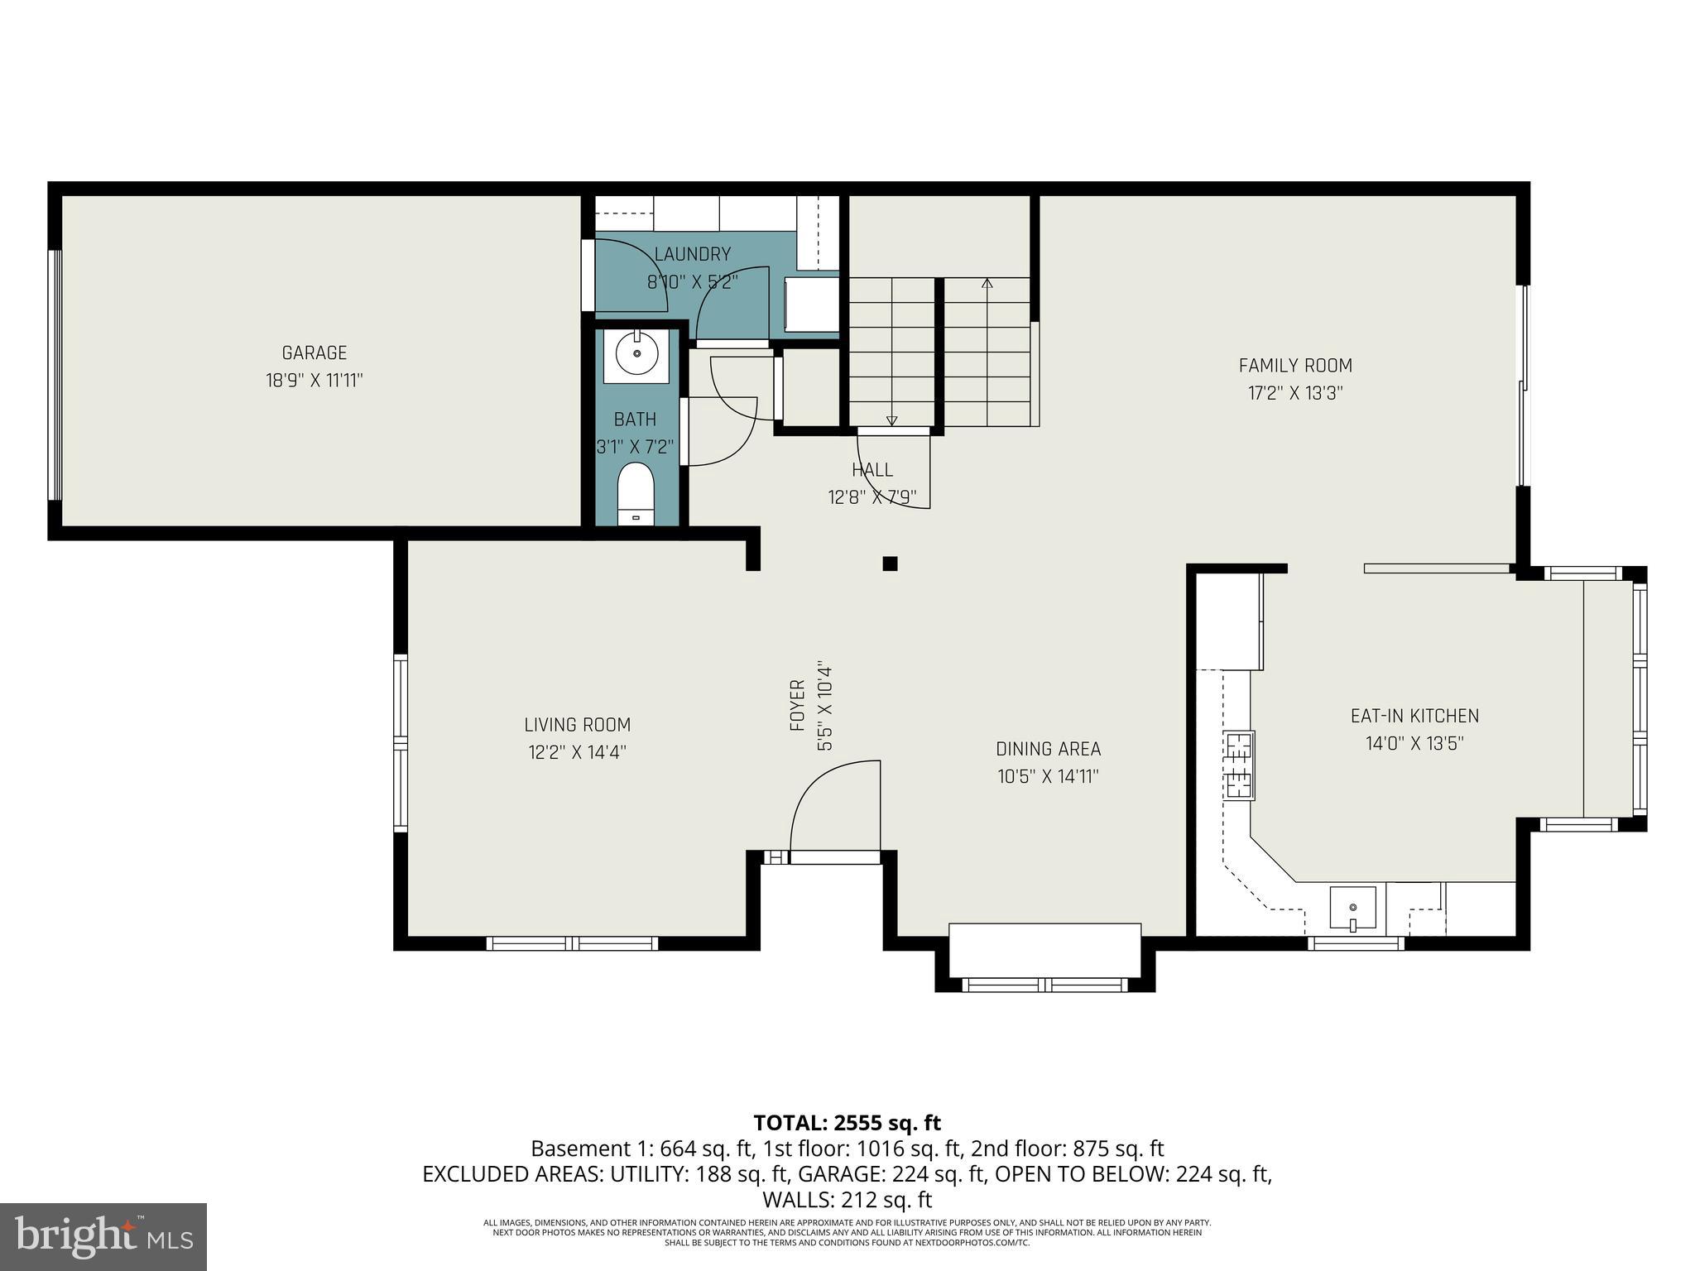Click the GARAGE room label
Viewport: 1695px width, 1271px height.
314,353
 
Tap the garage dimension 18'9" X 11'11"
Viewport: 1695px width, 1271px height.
314,381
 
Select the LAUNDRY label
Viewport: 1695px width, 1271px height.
692,254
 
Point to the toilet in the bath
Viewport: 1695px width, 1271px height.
636,494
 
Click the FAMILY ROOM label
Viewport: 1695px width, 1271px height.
1294,365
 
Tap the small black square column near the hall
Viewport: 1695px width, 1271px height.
890,564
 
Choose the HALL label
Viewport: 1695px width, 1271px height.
872,470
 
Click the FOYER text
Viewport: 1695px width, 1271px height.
798,705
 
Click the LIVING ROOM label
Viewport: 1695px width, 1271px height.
577,725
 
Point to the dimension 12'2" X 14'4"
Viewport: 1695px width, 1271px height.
577,752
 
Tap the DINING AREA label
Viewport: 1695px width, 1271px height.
1048,749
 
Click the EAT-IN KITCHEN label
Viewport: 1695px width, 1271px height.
1414,716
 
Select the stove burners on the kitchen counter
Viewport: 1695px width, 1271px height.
1238,765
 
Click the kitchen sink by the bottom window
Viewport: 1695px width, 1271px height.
1352,908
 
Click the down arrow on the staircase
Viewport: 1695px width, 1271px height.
891,420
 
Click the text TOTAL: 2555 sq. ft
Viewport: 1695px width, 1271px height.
847,1123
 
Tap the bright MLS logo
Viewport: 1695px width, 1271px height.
103,1236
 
